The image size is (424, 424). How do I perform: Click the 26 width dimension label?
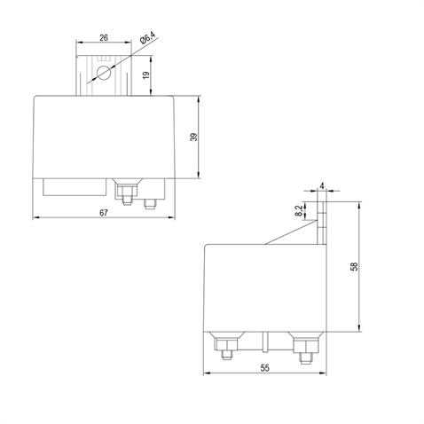point(105,38)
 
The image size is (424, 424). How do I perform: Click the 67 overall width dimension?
point(106,213)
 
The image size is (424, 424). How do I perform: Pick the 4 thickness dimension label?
point(322,186)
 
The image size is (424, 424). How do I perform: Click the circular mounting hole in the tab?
point(104,74)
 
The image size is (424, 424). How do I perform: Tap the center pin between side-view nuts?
point(267,342)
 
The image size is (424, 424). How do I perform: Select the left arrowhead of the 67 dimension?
point(35,218)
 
